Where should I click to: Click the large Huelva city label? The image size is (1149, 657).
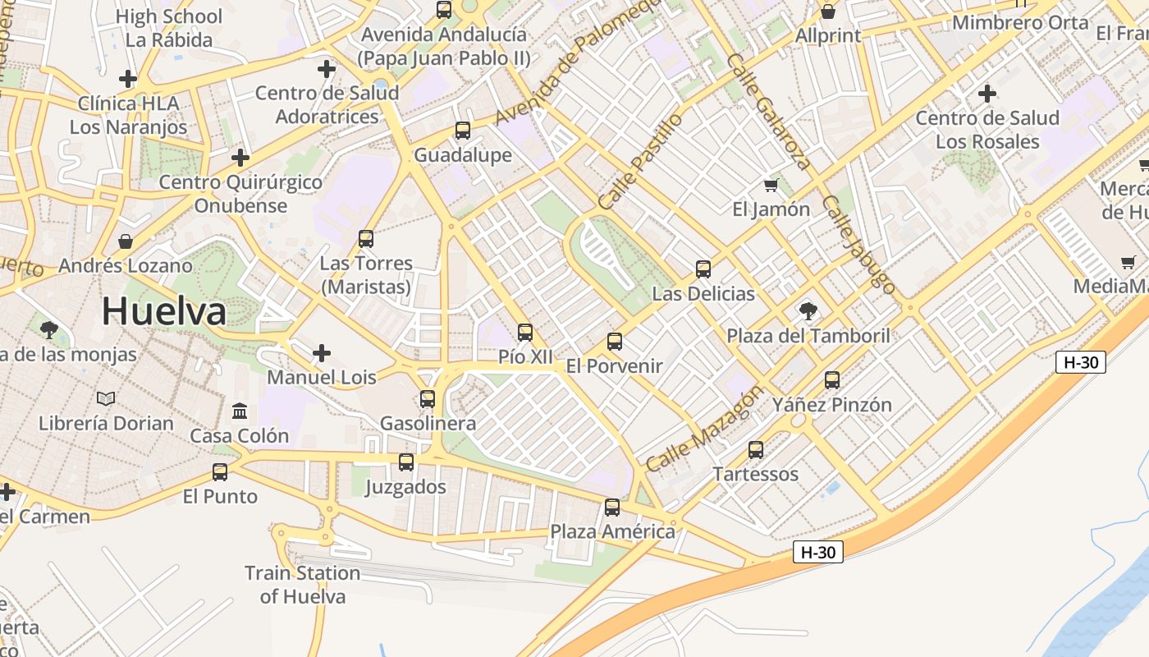[164, 312]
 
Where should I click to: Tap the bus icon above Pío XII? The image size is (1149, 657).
[525, 333]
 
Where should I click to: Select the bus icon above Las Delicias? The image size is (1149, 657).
[703, 269]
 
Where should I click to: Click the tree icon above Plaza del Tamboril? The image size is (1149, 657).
[808, 311]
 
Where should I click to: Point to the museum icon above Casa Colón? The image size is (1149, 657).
[240, 411]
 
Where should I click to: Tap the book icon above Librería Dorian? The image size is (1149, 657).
[106, 398]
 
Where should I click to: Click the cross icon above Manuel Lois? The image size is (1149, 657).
[322, 353]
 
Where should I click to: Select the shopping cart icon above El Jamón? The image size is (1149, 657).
[771, 185]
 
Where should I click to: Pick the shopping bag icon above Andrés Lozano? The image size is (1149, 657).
[126, 241]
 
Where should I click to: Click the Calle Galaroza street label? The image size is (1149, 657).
[769, 112]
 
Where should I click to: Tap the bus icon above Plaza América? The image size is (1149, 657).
[612, 507]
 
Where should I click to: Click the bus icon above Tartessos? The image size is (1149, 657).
[756, 450]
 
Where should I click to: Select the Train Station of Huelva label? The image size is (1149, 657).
[303, 585]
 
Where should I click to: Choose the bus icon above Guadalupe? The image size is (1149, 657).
[463, 131]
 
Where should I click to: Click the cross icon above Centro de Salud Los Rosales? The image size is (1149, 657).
[987, 94]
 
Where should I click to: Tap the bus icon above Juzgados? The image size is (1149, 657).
[406, 462]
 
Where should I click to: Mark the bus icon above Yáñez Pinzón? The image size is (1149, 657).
[832, 380]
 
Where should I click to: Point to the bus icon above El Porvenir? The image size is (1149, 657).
[615, 342]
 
